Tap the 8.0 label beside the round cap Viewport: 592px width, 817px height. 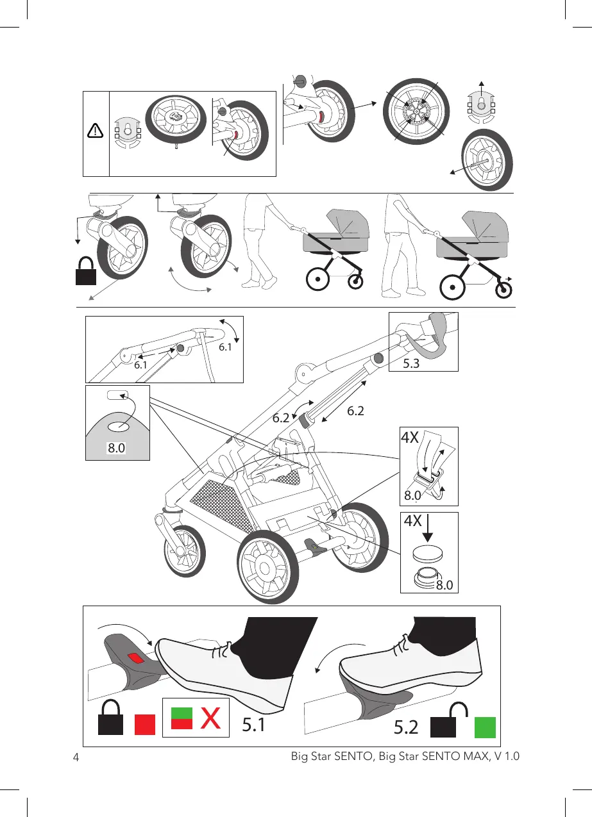pyautogui.click(x=443, y=584)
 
